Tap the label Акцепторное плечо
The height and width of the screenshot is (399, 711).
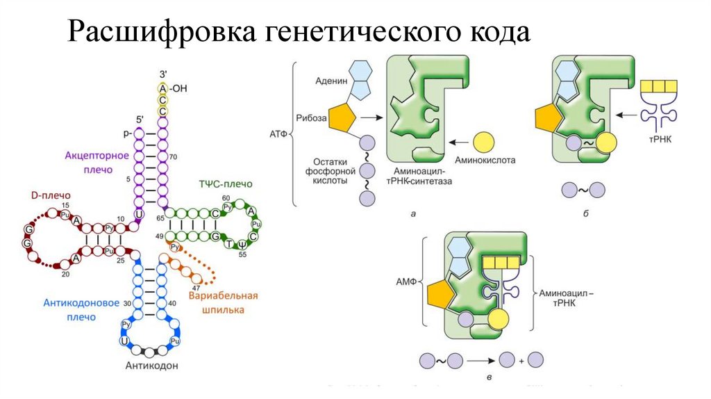pos(97,161)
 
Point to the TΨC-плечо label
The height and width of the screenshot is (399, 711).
pos(225,184)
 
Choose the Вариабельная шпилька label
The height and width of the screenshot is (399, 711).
pos(223,302)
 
